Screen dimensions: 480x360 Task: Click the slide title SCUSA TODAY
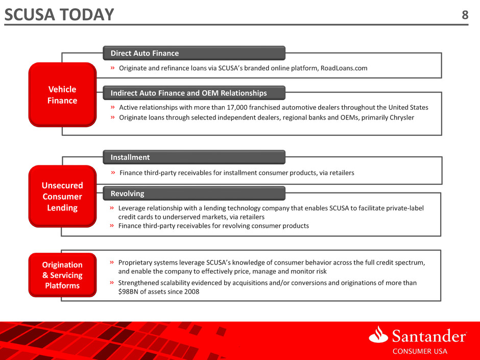[x=59, y=14]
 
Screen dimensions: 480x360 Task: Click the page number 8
[x=465, y=15]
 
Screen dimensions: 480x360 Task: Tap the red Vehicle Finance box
[x=62, y=94]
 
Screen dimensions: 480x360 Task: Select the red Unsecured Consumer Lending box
[x=62, y=196]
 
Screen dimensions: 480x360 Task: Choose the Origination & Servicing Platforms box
[x=62, y=275]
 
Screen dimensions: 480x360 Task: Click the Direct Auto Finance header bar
[x=194, y=53]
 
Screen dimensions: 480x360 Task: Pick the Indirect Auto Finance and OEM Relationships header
[x=194, y=93]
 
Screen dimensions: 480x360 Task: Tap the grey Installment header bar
[x=194, y=157]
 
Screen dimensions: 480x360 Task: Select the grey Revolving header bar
[x=194, y=193]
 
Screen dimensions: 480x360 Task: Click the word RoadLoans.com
[x=344, y=68]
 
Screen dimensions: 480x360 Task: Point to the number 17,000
[x=237, y=107]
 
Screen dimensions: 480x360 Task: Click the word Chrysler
[x=401, y=117]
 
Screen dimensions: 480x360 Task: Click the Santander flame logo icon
[x=379, y=334]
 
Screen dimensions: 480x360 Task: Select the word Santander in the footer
[x=429, y=336]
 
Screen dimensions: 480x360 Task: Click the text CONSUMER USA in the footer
[x=420, y=351]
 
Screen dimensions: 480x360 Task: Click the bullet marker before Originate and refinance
[x=113, y=67]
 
